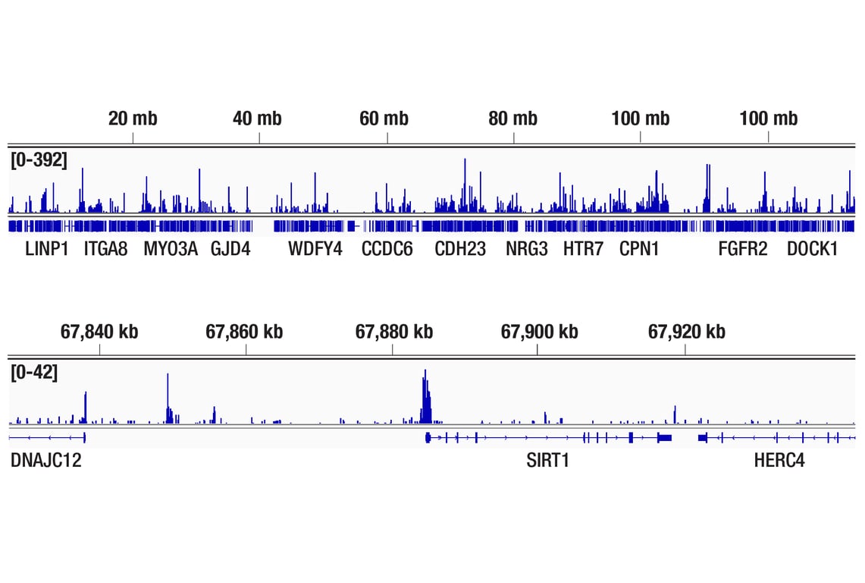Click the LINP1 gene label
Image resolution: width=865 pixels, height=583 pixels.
[x=47, y=249]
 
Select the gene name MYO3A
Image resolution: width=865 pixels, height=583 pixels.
[x=171, y=249]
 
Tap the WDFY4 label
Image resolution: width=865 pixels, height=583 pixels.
[x=315, y=249]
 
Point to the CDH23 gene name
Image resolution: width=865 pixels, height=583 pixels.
[x=460, y=249]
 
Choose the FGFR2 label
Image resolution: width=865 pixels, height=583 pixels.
[x=743, y=249]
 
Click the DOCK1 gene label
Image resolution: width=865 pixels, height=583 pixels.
[x=812, y=249]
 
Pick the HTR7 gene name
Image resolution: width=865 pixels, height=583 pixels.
[x=583, y=249]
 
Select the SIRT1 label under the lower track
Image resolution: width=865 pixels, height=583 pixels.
[x=547, y=461]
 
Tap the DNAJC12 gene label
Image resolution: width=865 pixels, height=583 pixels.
[x=46, y=461]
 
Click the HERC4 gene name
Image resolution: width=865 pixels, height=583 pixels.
[x=779, y=461]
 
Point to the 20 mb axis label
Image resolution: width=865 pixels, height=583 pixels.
[x=133, y=118]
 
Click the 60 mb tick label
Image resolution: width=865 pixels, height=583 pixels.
[x=384, y=118]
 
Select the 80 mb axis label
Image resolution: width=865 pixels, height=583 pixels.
[x=512, y=118]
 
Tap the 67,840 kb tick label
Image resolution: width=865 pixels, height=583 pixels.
[x=99, y=332]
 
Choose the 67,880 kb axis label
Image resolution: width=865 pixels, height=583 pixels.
[x=394, y=332]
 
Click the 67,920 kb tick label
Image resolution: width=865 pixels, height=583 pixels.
[x=686, y=332]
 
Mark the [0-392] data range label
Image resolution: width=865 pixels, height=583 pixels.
[x=39, y=160]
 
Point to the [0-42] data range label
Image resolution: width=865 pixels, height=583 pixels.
[x=33, y=373]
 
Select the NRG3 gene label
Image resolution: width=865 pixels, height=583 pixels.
[x=527, y=249]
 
